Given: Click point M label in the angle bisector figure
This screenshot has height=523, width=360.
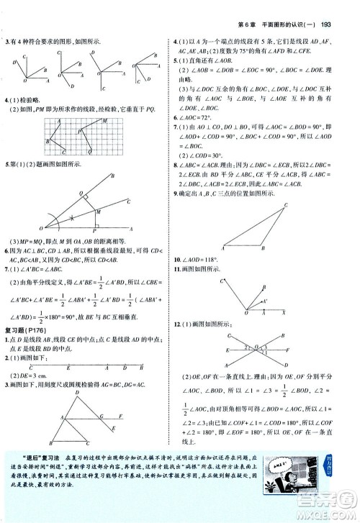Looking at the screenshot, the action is (100, 210).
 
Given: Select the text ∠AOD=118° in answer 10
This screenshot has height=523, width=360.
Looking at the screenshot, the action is (207, 258).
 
